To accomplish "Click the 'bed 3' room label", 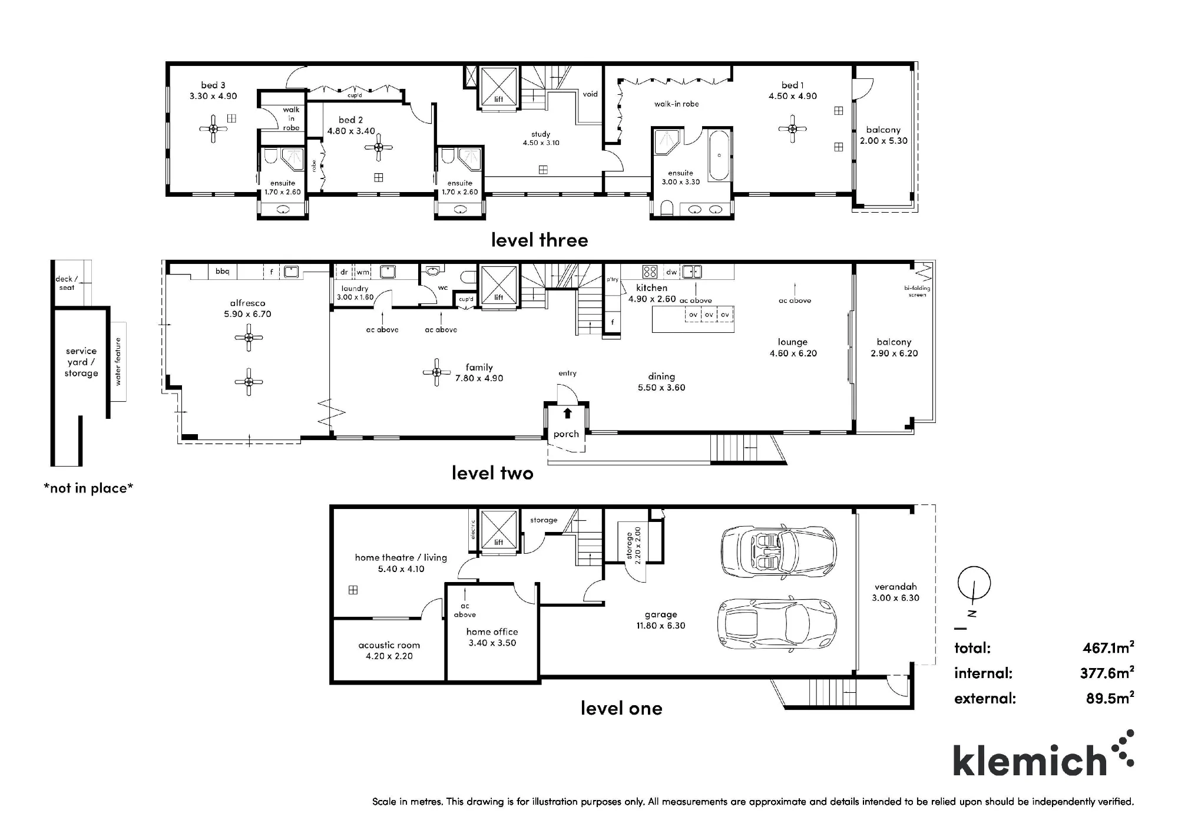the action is pos(213,85).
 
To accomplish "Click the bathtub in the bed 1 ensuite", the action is pos(719,156).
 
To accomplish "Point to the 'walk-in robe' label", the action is pos(676,104).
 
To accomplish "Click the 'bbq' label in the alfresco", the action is pos(222,272).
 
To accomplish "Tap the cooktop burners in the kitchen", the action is pos(650,272).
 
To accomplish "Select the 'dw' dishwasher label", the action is pos(671,272).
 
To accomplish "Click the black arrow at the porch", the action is pos(567,413).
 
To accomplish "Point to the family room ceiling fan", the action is pos(436,372).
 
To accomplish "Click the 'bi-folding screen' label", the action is pos(917,291).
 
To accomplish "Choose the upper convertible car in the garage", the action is pos(779,551).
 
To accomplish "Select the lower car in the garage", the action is pos(777,624).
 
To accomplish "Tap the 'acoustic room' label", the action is pos(389,645).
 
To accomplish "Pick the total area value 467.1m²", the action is pos(1108,647).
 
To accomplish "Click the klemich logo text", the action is pos(1030,761).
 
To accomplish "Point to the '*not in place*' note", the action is pos(88,488).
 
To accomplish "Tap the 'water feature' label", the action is pos(118,362).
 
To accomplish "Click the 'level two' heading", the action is pos(492,472).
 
